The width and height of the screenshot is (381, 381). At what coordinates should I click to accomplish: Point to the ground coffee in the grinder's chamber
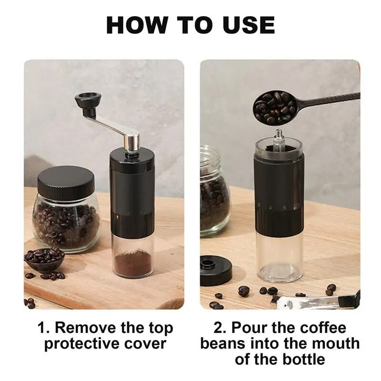(133, 264)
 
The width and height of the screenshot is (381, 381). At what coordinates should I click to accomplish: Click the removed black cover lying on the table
(216, 270)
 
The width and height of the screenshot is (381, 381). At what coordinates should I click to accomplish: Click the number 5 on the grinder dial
(284, 208)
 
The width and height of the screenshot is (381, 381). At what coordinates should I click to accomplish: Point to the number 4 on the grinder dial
(270, 208)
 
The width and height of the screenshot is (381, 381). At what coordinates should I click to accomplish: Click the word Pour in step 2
(249, 328)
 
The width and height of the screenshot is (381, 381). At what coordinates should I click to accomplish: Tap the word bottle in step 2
(302, 360)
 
